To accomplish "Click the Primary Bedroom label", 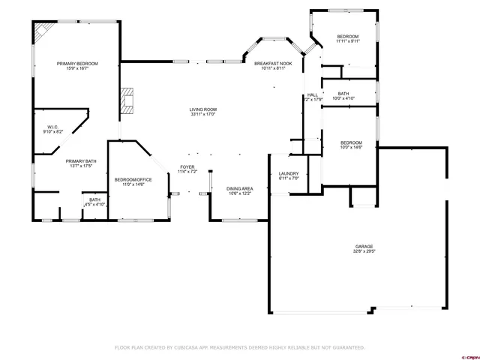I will [77, 64].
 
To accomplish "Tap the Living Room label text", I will [202, 110].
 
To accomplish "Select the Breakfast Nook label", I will [273, 64].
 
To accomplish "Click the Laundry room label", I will [289, 174].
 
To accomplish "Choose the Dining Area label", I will [239, 189].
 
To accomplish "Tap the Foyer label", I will [187, 166].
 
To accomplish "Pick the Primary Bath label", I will [80, 161].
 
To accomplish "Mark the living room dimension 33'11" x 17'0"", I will [202, 115].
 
